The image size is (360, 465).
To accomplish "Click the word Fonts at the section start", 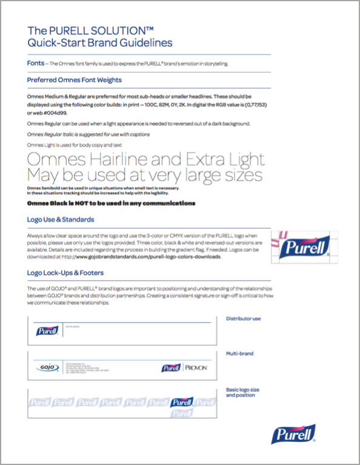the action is pos(35,63).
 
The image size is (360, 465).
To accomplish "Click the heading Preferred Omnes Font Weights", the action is pos(75,80).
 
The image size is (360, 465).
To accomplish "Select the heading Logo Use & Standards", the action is pos(61,219).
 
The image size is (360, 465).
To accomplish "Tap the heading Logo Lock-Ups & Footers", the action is pos(65,273).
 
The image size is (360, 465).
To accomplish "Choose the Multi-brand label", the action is pos(239,353).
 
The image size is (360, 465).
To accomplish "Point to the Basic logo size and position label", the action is pos(241,392).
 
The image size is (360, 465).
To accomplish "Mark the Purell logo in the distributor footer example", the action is pos(47,331).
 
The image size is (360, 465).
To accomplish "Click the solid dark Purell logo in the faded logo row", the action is pos(182,401).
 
